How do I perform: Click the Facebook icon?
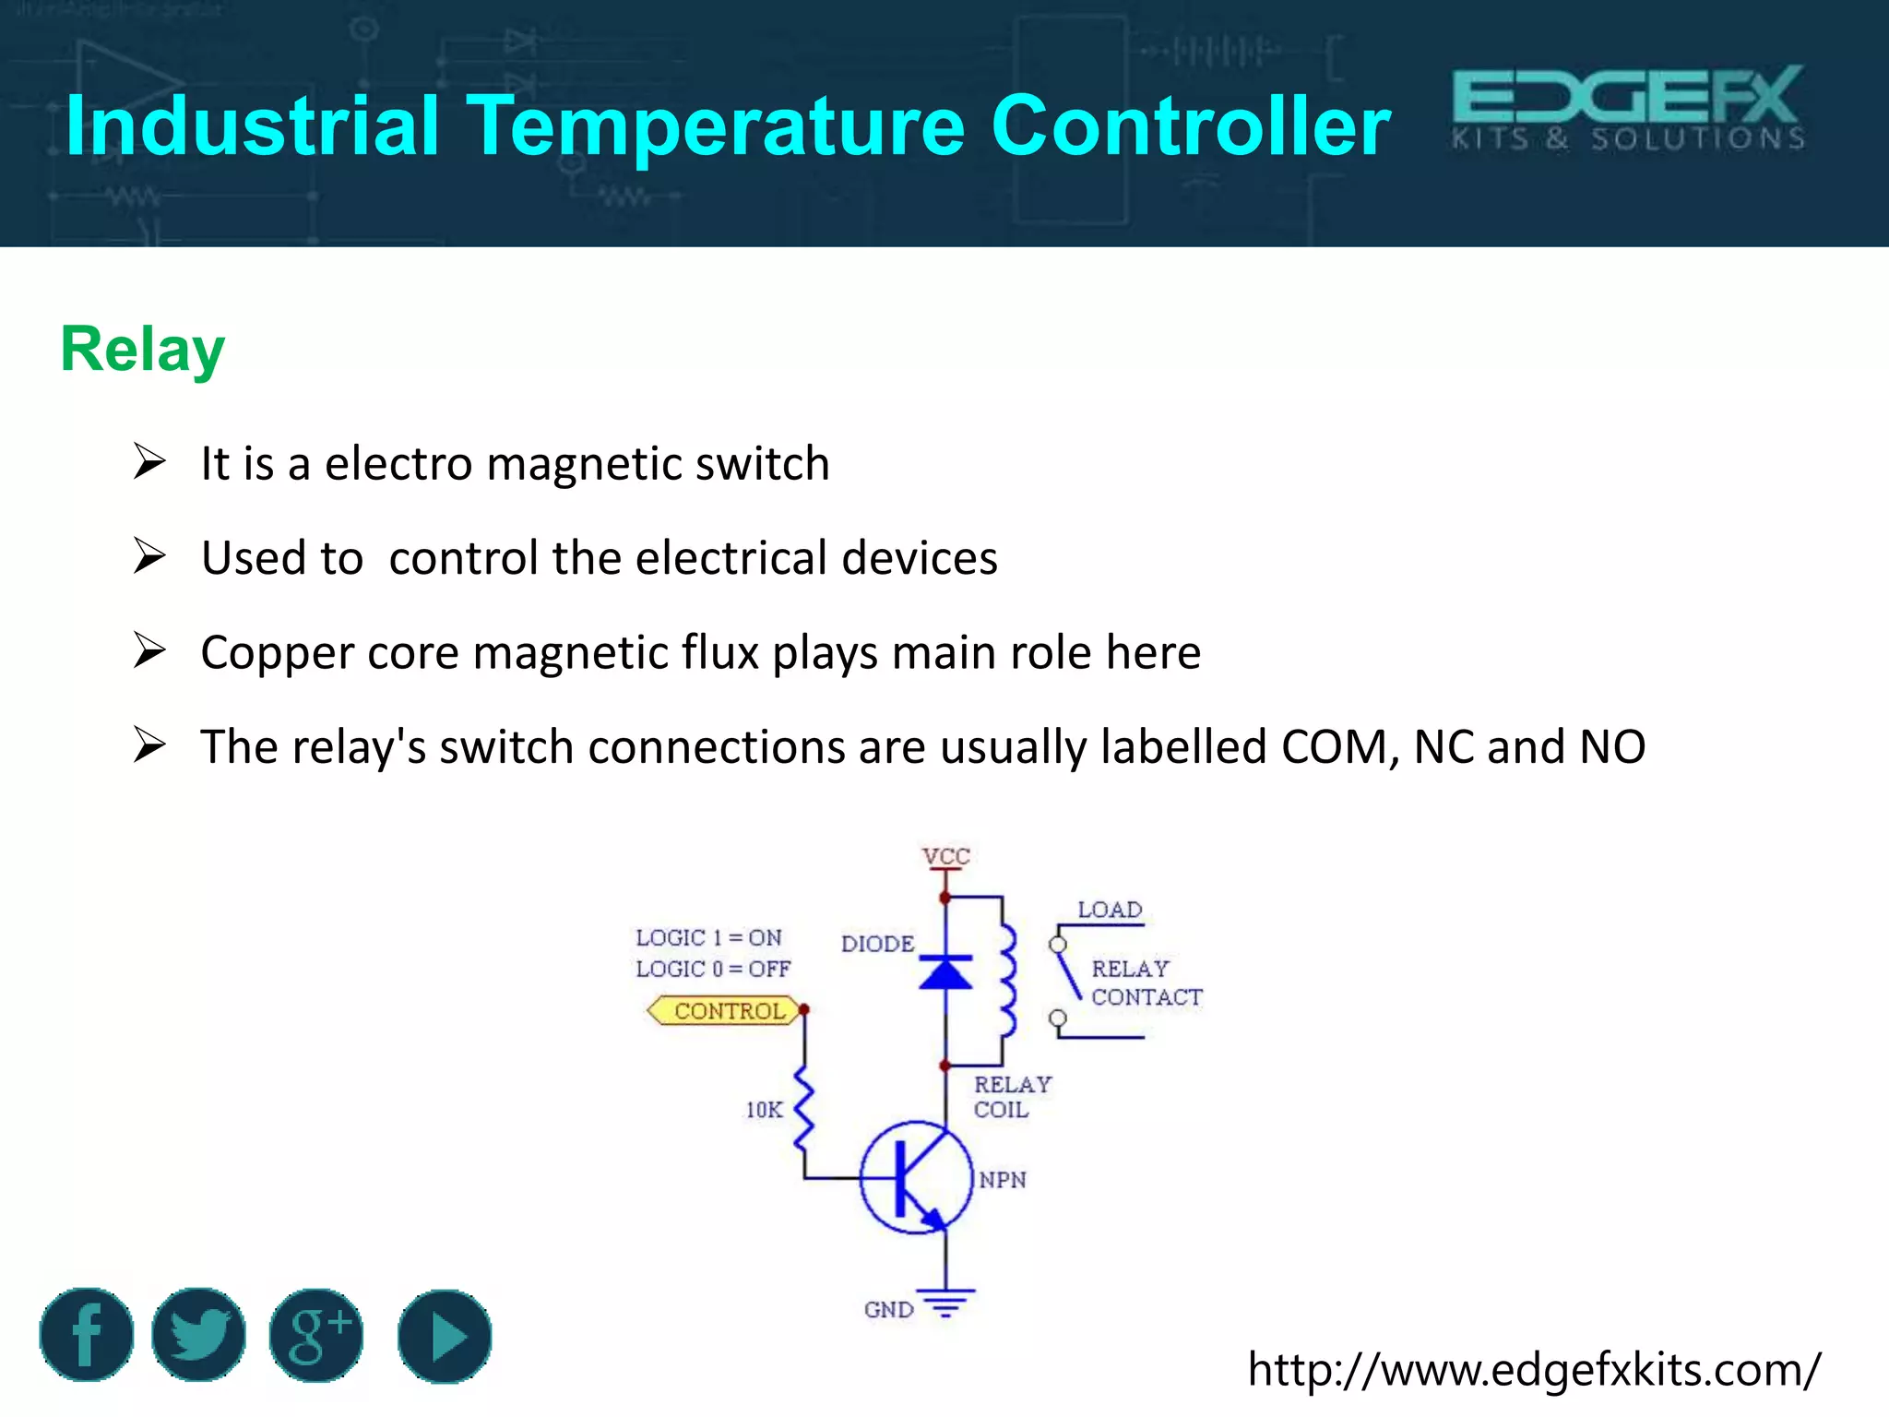click(87, 1335)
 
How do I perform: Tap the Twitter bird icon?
click(199, 1335)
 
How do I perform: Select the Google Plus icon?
click(316, 1335)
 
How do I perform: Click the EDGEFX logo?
click(1628, 109)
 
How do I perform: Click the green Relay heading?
click(143, 350)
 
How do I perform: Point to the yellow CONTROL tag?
click(725, 1011)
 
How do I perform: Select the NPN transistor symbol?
click(916, 1178)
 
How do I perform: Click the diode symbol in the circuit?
click(945, 972)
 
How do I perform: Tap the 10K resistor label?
click(764, 1110)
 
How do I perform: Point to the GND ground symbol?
click(945, 1303)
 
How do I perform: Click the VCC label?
click(946, 856)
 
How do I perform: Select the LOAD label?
click(1110, 910)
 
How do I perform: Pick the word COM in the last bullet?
click(1338, 747)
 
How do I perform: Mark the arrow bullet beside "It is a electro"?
click(149, 461)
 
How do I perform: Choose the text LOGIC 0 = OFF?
click(713, 970)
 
